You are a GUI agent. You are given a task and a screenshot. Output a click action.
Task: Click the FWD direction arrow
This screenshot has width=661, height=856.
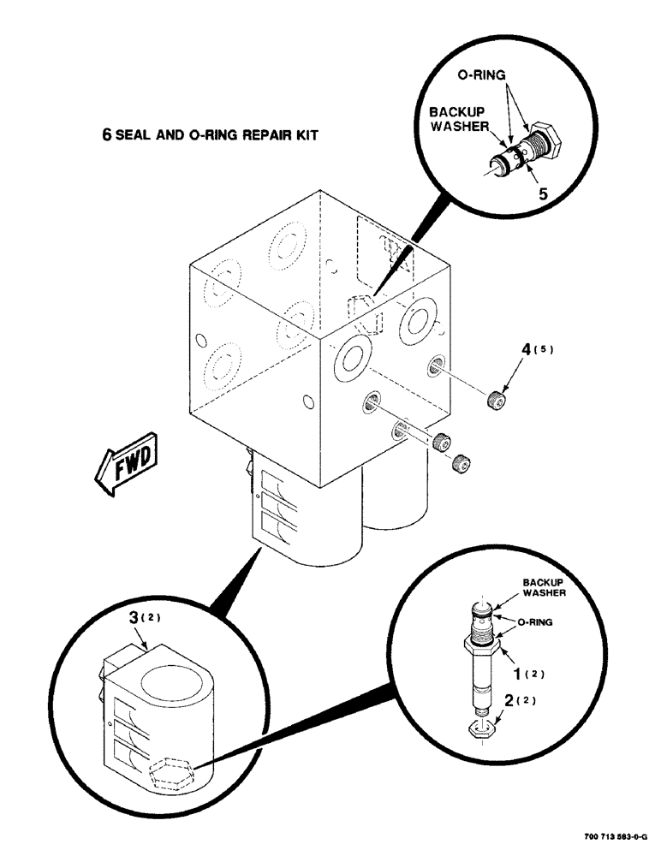coord(124,464)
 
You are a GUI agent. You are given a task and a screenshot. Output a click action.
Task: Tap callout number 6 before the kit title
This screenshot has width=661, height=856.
coord(107,135)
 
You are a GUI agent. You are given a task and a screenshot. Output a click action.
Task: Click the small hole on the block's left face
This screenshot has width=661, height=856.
coord(199,342)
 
